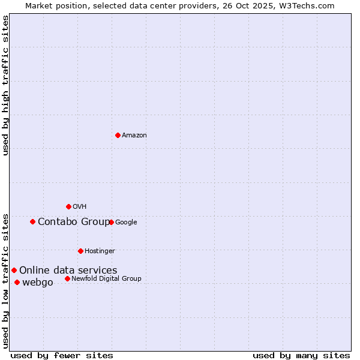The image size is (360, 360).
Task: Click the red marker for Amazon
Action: tap(118, 135)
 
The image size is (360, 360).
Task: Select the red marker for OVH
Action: tap(68, 206)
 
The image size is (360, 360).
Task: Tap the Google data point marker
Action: tap(111, 222)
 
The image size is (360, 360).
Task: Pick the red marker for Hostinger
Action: tap(80, 251)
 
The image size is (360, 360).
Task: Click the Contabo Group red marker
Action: tap(32, 221)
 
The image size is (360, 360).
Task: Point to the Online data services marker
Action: tap(14, 270)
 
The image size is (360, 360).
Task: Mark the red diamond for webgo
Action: tap(17, 282)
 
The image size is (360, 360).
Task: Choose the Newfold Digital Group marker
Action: tap(67, 278)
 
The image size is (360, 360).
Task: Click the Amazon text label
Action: tap(134, 136)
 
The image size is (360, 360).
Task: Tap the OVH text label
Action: tap(80, 207)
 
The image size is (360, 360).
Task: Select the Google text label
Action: tap(126, 223)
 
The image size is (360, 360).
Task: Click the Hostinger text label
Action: tap(100, 251)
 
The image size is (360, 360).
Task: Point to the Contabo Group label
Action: tap(74, 222)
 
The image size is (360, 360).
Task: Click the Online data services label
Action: tap(68, 271)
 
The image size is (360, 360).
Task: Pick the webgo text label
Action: tap(38, 283)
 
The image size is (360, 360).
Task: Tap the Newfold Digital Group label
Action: tap(106, 279)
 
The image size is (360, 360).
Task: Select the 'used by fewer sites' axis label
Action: tap(62, 355)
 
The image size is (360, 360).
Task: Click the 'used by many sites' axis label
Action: tap(301, 355)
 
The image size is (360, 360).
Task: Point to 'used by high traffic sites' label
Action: tap(5, 85)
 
